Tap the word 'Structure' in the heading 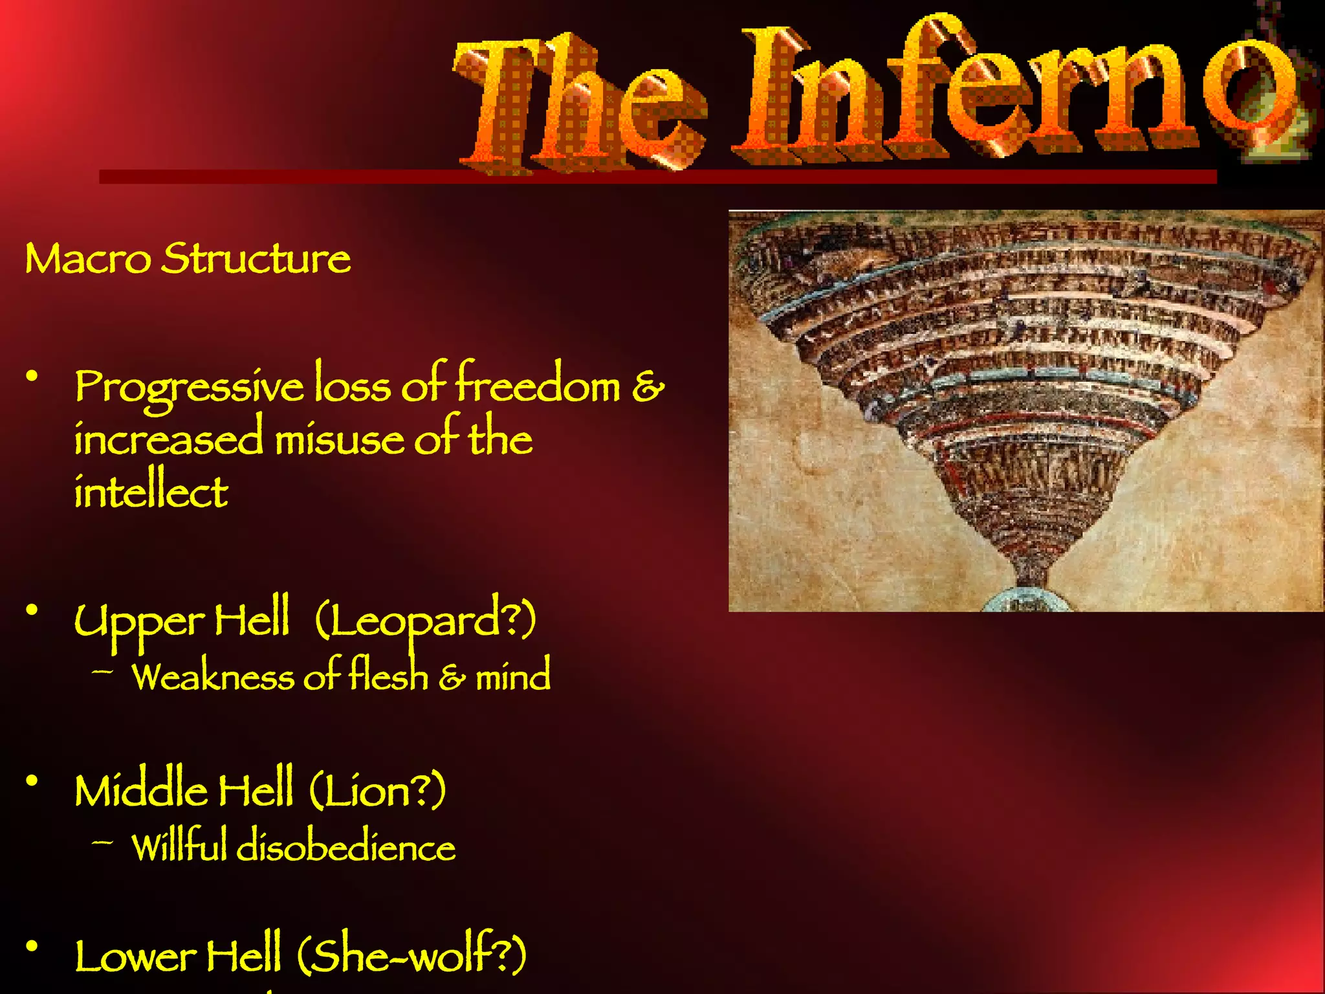[x=256, y=259]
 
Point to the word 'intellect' [x=151, y=492]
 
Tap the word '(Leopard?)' [x=425, y=620]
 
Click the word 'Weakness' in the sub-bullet [x=213, y=677]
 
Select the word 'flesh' [x=388, y=676]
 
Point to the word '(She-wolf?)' [x=411, y=955]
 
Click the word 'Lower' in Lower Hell [x=135, y=956]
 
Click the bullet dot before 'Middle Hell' [x=31, y=780]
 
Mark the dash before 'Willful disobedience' [x=102, y=843]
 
